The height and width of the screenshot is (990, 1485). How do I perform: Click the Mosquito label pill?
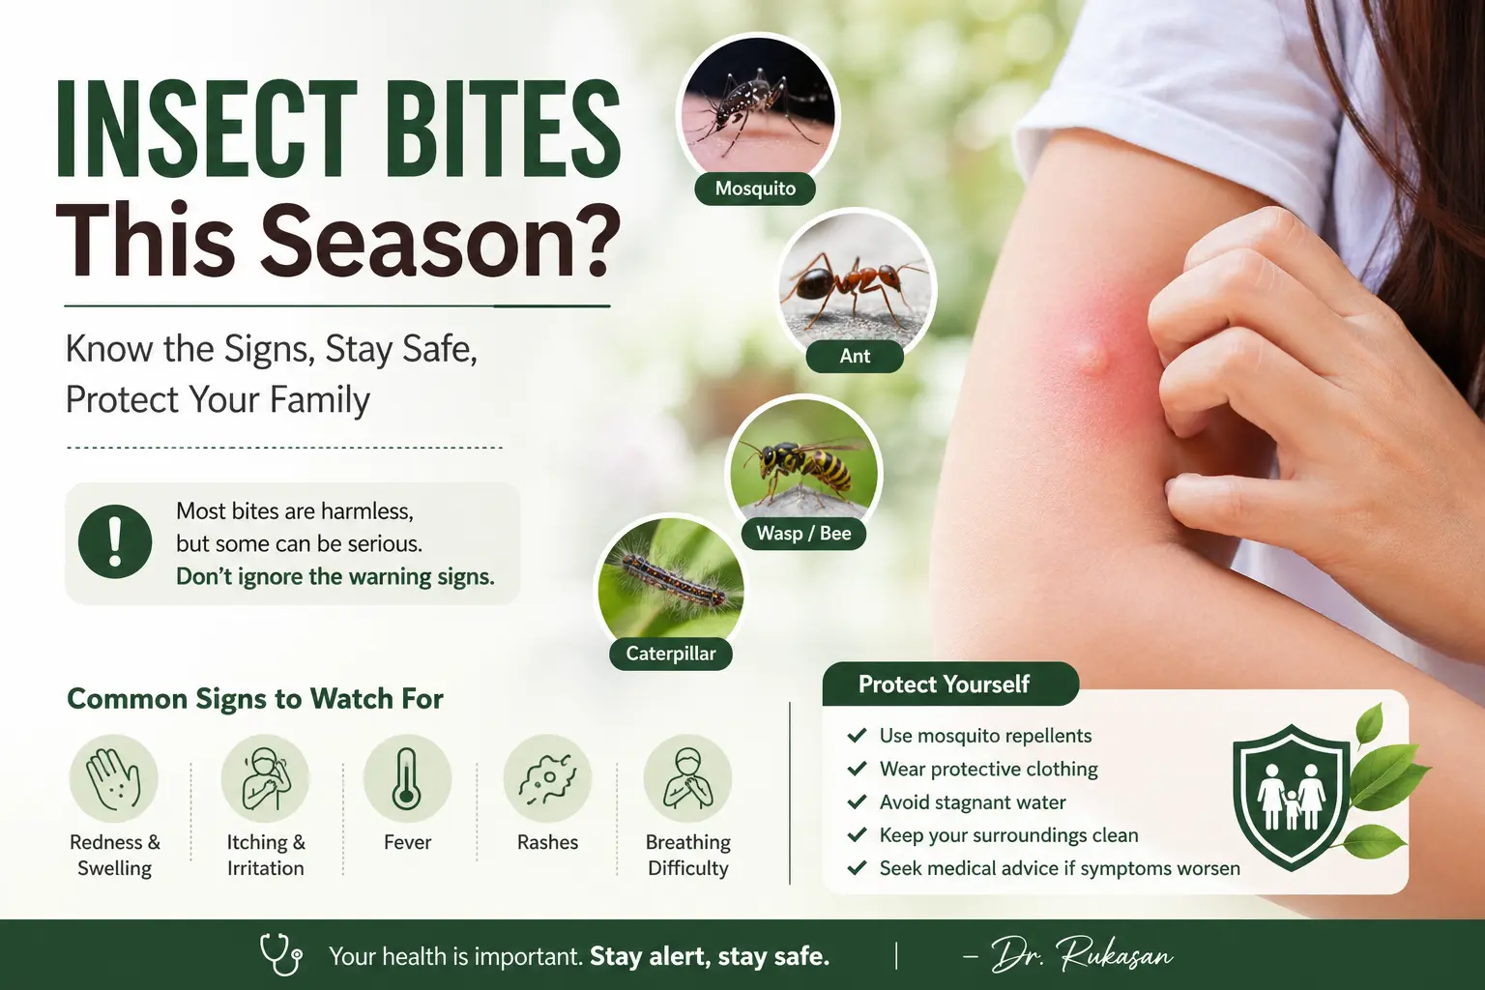(x=755, y=189)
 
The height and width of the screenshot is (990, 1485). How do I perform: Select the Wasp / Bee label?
(x=803, y=533)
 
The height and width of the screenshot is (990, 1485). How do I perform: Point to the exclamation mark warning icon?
(x=115, y=541)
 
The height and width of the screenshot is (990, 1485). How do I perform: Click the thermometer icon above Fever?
(x=407, y=778)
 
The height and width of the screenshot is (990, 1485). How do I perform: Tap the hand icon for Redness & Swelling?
(x=114, y=778)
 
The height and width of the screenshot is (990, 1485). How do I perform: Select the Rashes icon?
(x=547, y=778)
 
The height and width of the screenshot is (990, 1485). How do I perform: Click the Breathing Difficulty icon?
(x=687, y=778)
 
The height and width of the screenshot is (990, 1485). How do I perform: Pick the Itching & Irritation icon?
(x=265, y=778)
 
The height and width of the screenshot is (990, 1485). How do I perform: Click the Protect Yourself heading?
(x=945, y=684)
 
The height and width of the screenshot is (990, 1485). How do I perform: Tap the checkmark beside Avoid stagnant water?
(x=857, y=801)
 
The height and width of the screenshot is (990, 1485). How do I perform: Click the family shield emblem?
(x=1292, y=797)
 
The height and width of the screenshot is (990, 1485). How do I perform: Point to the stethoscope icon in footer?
(x=280, y=954)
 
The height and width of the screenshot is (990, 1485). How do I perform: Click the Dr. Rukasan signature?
(x=1081, y=954)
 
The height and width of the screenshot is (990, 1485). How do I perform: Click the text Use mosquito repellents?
(x=985, y=736)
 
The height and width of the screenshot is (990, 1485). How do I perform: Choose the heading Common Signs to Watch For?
(x=255, y=699)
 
